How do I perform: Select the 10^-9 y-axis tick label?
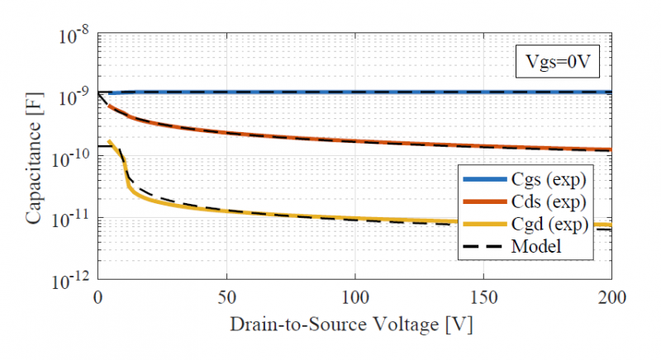click(76, 97)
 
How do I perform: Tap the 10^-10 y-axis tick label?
click(74, 158)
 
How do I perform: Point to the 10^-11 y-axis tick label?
click(74, 219)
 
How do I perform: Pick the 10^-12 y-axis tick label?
click(74, 280)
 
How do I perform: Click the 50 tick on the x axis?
click(227, 296)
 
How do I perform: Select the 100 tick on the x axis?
click(355, 296)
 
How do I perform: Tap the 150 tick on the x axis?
click(483, 296)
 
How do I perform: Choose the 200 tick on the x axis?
click(611, 296)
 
